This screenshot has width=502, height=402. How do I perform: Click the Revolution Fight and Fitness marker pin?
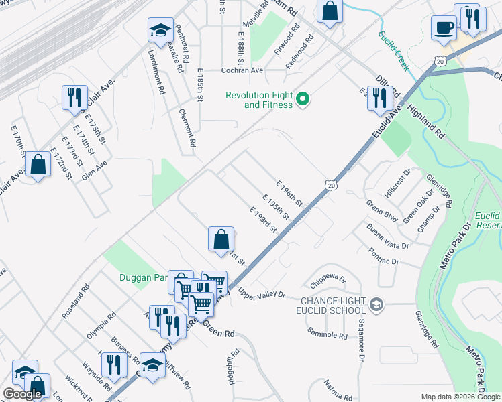tap(303, 100)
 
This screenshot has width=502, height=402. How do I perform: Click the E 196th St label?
tap(290, 193)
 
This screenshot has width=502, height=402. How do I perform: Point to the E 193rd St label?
tap(263, 220)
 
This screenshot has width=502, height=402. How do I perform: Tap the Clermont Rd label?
tap(188, 127)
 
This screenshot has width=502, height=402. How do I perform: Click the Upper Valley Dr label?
tap(262, 293)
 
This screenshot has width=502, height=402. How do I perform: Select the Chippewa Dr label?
tap(329, 278)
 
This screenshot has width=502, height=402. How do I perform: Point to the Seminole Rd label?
tap(328, 334)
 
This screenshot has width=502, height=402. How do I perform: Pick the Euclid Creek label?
tap(393, 51)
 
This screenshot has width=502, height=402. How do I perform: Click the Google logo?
tap(22, 394)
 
